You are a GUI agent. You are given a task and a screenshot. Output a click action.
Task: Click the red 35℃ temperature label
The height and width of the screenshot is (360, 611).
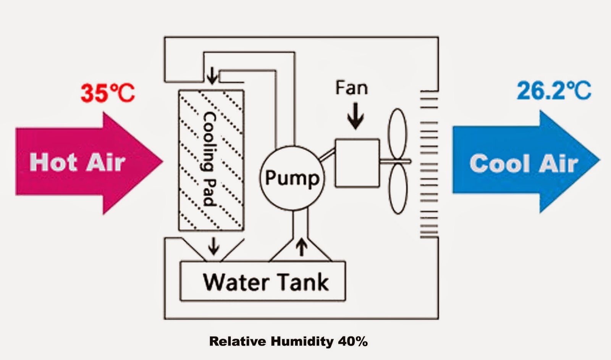tap(108, 93)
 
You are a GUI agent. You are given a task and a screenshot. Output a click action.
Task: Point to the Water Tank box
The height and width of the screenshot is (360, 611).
tap(263, 282)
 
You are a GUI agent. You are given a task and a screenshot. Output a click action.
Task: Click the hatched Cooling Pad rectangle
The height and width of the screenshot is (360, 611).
tap(211, 160)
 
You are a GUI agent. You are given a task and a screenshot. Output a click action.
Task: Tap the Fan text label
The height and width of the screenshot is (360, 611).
tap(351, 88)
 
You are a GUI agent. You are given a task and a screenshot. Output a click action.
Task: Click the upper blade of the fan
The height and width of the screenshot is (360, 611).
tap(398, 134)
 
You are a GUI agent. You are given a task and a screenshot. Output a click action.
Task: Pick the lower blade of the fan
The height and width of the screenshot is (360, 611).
tap(398, 189)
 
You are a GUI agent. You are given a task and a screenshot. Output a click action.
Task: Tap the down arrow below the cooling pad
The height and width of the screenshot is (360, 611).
tap(213, 246)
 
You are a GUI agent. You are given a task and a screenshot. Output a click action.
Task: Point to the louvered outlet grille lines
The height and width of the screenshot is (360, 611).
tap(429, 164)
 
